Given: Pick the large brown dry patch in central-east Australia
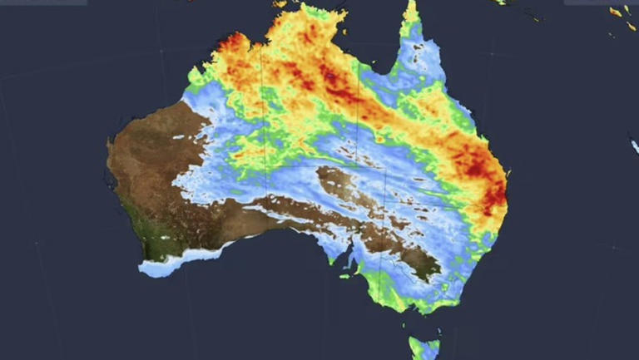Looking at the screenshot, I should pos(349,186).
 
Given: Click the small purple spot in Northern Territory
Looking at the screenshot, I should pos(330,76).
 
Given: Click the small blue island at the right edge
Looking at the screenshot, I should pos(634,145).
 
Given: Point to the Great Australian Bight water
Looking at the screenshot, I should pos(275,266).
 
